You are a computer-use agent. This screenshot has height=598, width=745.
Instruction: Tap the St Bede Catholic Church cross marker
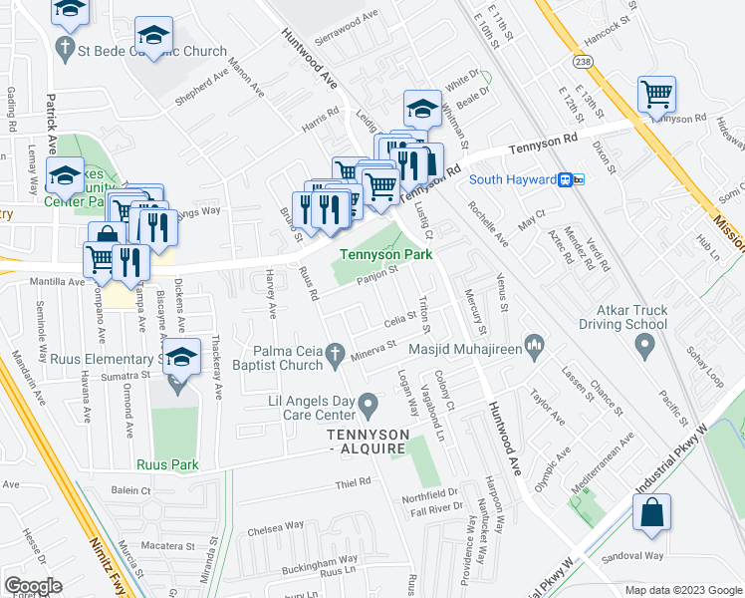tap(66, 47)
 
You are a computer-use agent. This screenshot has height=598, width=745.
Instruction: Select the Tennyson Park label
tap(386, 254)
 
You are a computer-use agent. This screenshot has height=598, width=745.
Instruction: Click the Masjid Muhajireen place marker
tap(534, 346)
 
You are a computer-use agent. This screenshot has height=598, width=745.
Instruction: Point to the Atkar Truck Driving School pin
tap(644, 346)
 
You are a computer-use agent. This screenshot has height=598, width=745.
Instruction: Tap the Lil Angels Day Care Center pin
tap(370, 405)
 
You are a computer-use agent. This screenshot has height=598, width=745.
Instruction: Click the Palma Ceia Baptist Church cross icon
tap(337, 354)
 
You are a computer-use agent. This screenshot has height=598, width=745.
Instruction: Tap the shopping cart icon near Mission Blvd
tap(657, 97)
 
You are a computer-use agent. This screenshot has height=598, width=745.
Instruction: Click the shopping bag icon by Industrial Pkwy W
tap(651, 513)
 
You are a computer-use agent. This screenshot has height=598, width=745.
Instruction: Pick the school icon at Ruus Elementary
tap(180, 359)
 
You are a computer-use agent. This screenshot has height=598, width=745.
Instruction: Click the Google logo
tap(32, 586)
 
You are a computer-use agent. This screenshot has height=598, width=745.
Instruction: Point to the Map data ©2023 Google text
tap(682, 590)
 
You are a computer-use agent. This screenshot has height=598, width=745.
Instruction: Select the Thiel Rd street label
tap(353, 481)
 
